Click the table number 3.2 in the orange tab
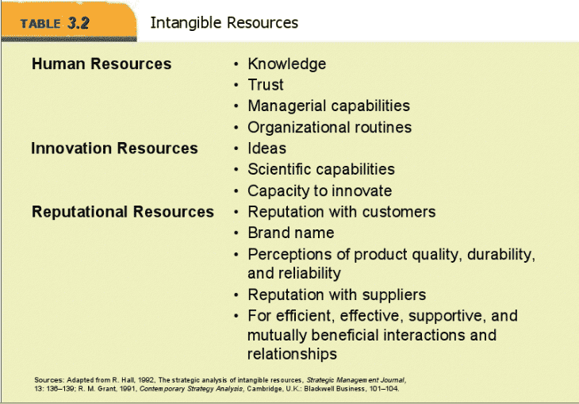[79, 23]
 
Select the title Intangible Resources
[224, 23]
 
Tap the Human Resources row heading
[102, 63]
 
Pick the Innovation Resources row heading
[114, 148]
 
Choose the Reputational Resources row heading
[123, 212]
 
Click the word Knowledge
[287, 64]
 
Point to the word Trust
[266, 85]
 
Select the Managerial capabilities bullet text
[328, 106]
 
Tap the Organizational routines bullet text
[329, 128]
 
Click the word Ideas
[266, 148]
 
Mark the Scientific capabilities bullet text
[321, 170]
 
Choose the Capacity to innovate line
[320, 191]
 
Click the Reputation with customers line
[342, 212]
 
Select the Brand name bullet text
[290, 233]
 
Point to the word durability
[501, 255]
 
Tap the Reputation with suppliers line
[337, 295]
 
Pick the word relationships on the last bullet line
[292, 354]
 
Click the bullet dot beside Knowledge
[236, 64]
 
